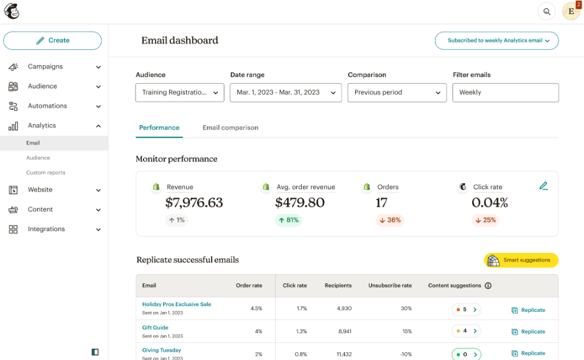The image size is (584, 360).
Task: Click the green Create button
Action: [x=52, y=41]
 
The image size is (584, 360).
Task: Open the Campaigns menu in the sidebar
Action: [x=45, y=67]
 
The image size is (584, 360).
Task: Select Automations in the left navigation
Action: [x=47, y=106]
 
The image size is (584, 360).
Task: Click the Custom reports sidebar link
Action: [x=46, y=173]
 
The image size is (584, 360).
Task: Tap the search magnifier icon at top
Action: [x=547, y=12]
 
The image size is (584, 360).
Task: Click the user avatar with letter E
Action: [x=571, y=12]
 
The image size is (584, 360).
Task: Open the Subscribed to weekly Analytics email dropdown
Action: [x=496, y=41]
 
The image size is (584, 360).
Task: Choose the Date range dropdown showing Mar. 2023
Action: [x=285, y=92]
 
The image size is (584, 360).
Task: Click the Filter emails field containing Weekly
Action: [x=505, y=92]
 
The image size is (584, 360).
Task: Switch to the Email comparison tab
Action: [x=230, y=128]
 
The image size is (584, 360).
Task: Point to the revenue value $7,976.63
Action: [x=194, y=202]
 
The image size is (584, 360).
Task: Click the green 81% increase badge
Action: [x=288, y=220]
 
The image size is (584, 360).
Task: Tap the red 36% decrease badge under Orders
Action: [x=390, y=220]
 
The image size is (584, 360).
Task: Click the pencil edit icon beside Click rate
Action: [x=543, y=186]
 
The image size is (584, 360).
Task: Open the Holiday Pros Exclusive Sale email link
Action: [x=176, y=304]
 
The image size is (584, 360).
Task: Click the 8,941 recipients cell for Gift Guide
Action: [x=344, y=331]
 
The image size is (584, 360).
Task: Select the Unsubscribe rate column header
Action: [x=390, y=285]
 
